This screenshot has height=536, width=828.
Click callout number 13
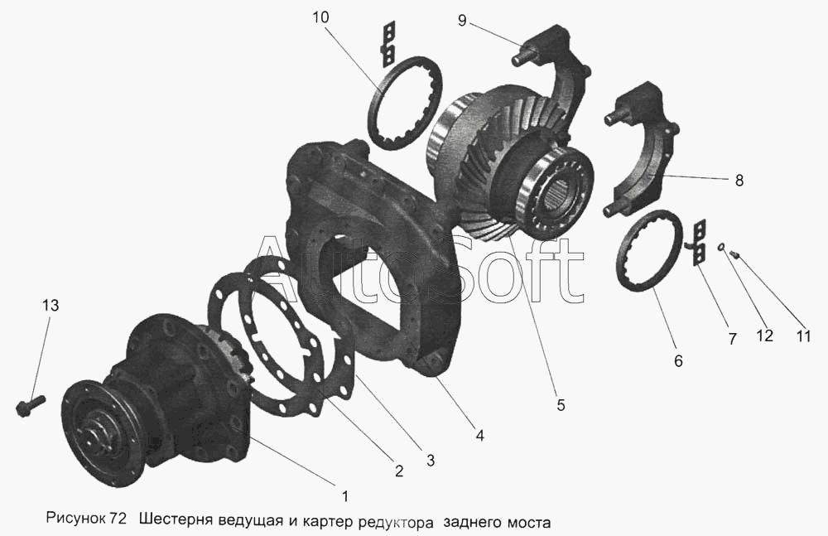51,306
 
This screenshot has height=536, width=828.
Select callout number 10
320,17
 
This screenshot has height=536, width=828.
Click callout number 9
462,22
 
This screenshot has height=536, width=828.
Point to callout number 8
739,181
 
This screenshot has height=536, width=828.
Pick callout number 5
561,405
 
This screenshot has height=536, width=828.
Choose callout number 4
479,436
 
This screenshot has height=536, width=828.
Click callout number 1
344,496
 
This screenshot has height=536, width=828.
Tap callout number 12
764,336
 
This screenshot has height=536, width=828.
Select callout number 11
803,336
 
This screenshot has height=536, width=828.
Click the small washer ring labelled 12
721,246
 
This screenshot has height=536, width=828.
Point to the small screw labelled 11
734,255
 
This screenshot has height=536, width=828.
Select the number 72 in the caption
118,520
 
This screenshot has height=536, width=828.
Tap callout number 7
733,340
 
